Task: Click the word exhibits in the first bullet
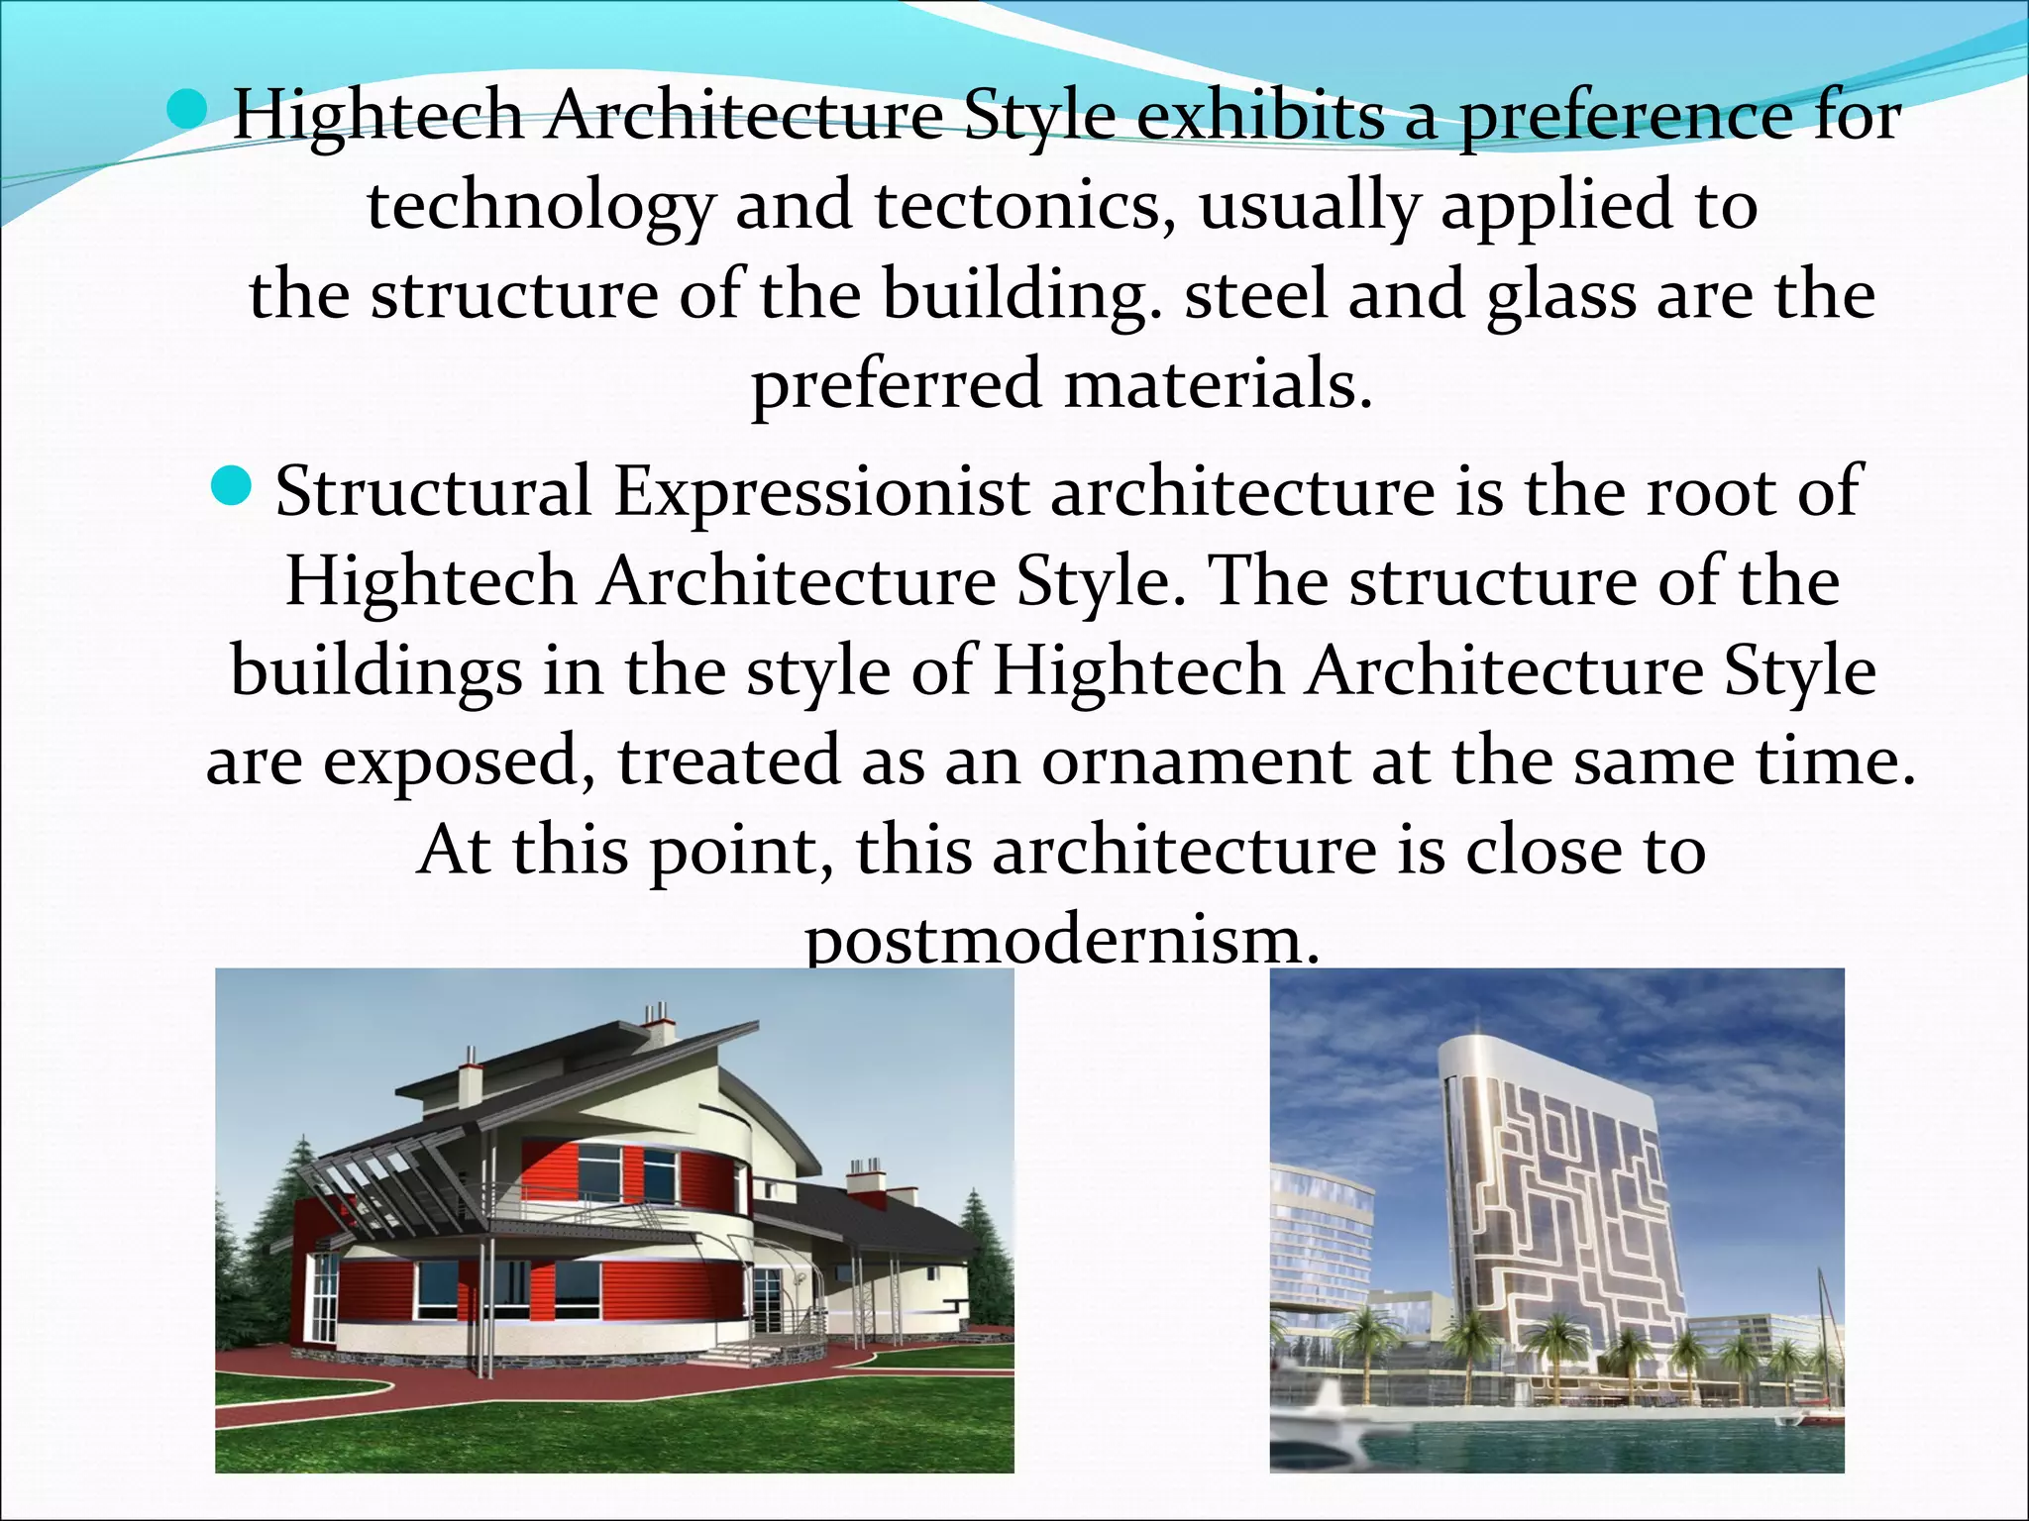[x=1260, y=117]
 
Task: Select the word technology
[x=540, y=206]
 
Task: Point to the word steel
[x=1255, y=294]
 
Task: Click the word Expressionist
[x=821, y=492]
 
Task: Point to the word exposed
[x=460, y=762]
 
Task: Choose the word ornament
[x=1195, y=760]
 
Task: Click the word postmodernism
[x=1062, y=941]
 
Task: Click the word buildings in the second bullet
[x=376, y=672]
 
